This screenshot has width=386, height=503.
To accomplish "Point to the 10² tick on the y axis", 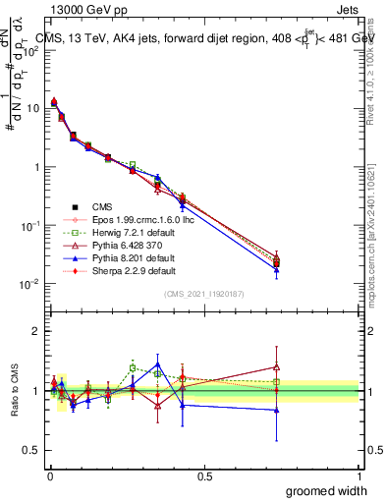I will click(x=30, y=50).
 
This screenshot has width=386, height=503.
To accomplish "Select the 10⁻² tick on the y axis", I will click(x=30, y=284).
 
